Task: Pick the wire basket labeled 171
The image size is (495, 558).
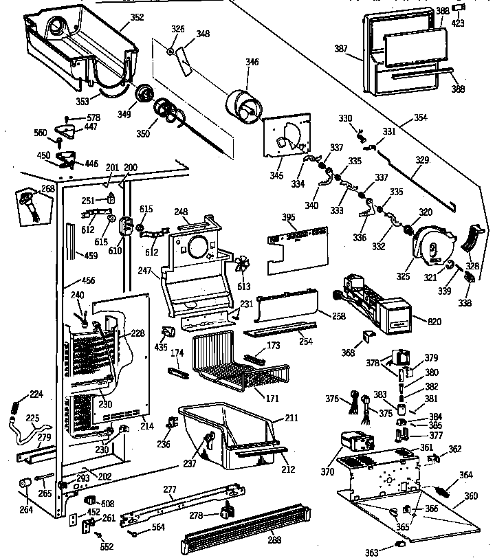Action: coord(234,371)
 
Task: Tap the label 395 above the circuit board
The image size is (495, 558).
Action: coord(289,218)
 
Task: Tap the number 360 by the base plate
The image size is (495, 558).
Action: coord(470,495)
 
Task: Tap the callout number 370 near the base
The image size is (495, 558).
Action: coord(328,473)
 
